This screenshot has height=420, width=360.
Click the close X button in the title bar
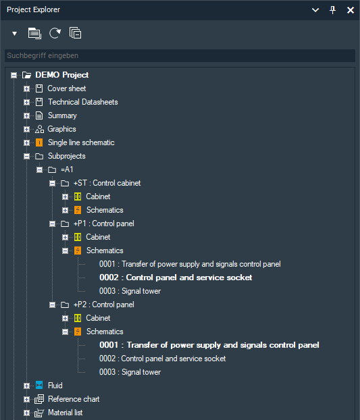[x=351, y=10]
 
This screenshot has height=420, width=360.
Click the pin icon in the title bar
[x=332, y=10]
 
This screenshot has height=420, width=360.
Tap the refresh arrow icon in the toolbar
[x=55, y=33]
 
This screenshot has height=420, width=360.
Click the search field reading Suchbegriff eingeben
[x=180, y=55]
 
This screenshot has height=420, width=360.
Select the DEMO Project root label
[x=62, y=75]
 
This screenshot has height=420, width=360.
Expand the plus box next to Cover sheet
[x=26, y=88]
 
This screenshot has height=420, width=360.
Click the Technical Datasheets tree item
[x=83, y=102]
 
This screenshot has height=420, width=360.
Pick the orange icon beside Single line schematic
[x=39, y=142]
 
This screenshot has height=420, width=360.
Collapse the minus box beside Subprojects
[x=26, y=156]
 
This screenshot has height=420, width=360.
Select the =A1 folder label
[x=67, y=169]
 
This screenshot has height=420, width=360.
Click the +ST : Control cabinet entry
[x=107, y=183]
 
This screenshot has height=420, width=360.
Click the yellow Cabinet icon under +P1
[x=78, y=237]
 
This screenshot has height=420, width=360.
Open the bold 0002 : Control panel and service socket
[x=176, y=278]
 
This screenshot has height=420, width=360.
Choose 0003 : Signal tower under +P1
[x=130, y=291]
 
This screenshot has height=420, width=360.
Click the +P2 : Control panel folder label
[x=103, y=305]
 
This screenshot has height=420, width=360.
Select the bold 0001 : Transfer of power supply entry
[x=209, y=345]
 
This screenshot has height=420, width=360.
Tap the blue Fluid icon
[x=39, y=386]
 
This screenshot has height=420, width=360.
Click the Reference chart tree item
[x=74, y=399]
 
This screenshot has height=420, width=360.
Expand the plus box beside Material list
[x=26, y=413]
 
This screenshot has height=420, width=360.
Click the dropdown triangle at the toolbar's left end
[x=14, y=34]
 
